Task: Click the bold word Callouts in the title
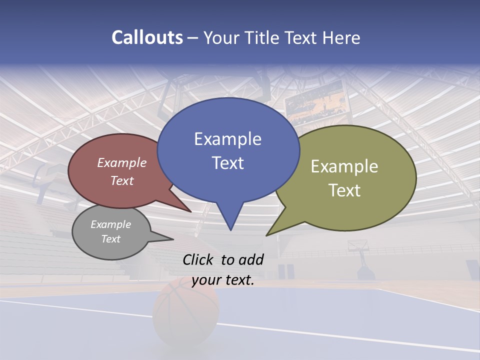147,37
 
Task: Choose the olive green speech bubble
350,177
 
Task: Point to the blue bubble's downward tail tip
230,229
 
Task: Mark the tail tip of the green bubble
267,235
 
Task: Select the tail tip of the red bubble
190,211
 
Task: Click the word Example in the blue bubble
227,139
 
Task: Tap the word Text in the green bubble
344,190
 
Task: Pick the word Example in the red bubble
122,162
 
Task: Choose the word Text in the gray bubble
111,239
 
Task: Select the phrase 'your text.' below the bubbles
223,280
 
